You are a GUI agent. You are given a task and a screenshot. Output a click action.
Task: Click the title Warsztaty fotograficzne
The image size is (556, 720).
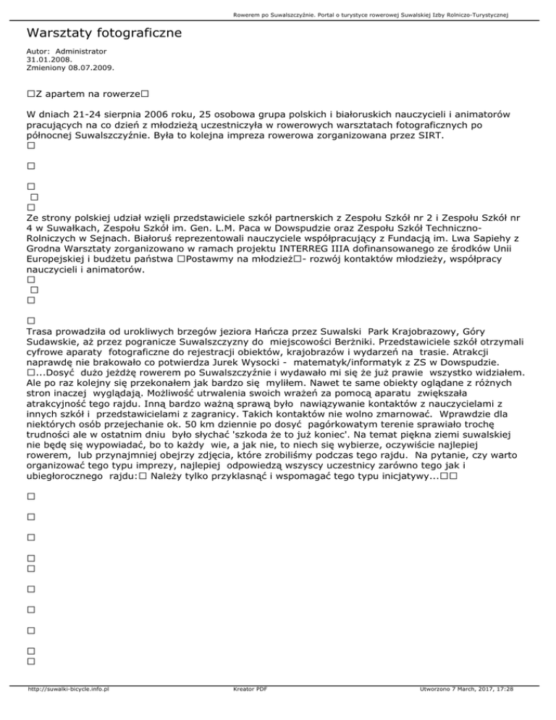pyautogui.click(x=104, y=33)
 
